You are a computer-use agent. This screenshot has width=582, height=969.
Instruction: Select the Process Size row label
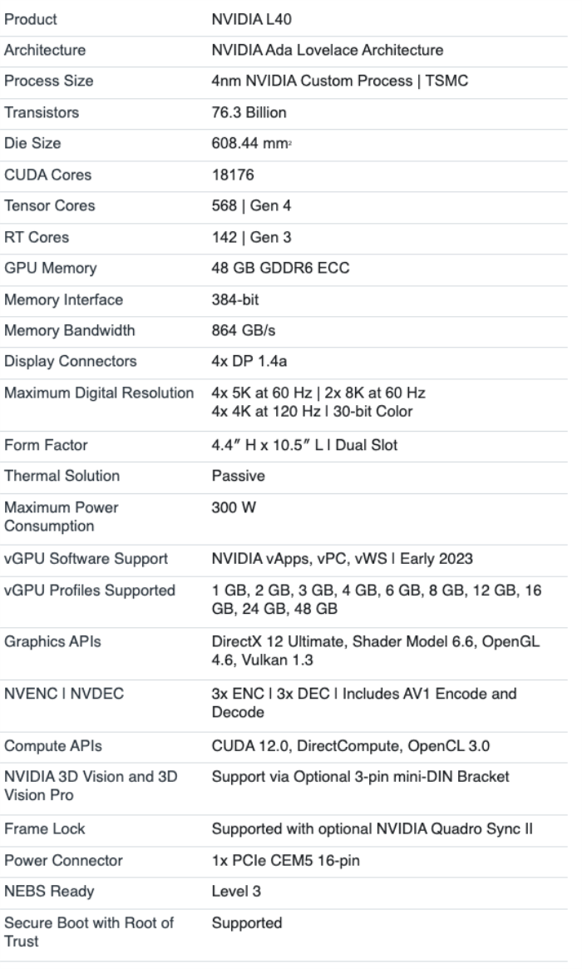point(49,81)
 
